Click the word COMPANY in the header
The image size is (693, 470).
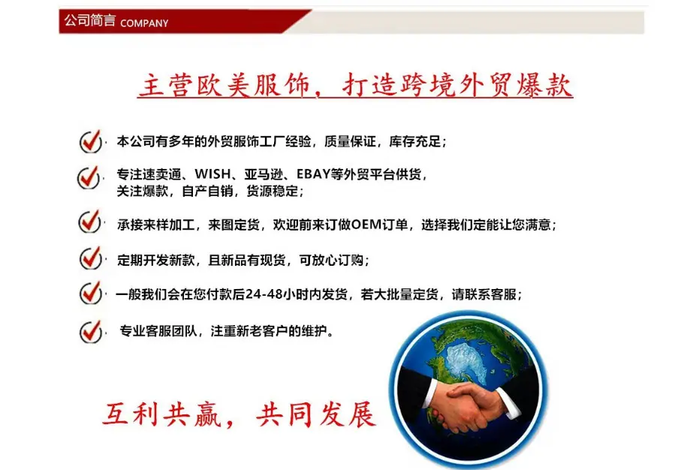144,23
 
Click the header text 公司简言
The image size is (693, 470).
90,20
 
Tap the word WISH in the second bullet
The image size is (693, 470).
212,173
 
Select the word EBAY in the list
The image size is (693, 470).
313,173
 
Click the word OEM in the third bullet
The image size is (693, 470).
366,224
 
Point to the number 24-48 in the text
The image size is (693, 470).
264,294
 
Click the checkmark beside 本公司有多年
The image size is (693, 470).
91,141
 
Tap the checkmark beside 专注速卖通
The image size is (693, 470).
89,178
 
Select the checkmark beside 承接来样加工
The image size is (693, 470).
89,221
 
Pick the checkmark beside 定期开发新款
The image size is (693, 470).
91,258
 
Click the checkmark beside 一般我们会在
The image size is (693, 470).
91,293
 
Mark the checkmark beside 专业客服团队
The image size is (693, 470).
91,332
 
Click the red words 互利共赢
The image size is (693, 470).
161,414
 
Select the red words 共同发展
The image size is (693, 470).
316,414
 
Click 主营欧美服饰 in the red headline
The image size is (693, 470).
224,85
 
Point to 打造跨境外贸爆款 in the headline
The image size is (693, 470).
457,85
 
